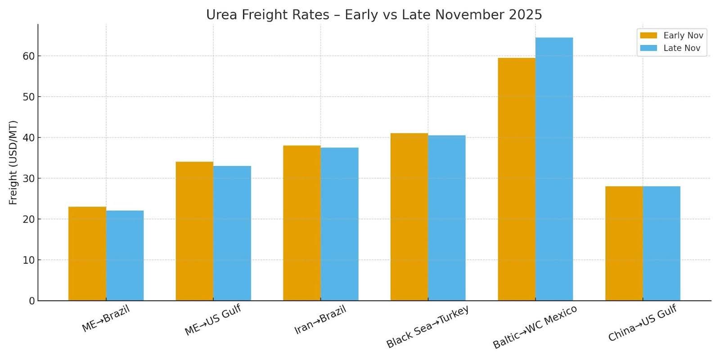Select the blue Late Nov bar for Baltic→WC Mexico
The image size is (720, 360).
[554, 169]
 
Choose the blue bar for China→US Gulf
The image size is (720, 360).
[661, 243]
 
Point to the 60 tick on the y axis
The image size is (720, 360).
[29, 56]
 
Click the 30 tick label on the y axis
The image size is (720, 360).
[29, 179]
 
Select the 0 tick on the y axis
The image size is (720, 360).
[31, 301]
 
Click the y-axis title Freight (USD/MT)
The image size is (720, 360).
[13, 162]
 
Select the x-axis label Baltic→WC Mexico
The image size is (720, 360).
[535, 327]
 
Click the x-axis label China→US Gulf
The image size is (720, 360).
[642, 323]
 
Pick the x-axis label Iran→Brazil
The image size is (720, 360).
[320, 319]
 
